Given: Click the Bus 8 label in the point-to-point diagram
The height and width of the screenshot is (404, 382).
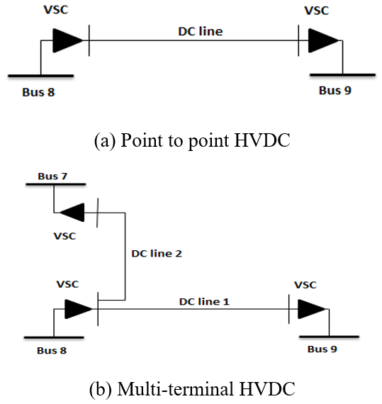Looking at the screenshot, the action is point(38,92).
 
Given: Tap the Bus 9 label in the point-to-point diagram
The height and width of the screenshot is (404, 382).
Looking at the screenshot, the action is point(335,91).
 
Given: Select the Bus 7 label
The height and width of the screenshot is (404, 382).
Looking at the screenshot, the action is point(52,176).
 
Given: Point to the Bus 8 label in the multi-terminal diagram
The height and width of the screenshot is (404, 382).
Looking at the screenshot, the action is point(52,350).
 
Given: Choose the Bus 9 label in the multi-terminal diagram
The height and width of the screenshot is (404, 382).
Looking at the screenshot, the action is point(322,349).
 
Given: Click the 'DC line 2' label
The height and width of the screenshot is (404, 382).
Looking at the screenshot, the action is point(157,254).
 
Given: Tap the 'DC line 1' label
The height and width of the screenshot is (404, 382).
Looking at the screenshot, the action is point(204,302).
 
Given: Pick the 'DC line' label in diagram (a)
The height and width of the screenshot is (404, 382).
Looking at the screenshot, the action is point(201,31).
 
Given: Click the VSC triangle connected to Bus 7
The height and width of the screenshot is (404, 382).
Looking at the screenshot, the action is point(72,213).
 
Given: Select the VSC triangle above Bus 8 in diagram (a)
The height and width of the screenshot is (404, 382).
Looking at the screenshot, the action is point(68,40).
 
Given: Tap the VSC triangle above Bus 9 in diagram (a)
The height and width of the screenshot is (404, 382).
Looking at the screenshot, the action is point(323,40).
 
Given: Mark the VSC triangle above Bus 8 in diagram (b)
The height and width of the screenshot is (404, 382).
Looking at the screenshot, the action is point(79,309).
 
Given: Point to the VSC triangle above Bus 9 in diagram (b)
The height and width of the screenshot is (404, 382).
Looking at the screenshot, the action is point(312,309).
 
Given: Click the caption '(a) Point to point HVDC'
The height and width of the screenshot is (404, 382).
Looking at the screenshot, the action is point(192,140).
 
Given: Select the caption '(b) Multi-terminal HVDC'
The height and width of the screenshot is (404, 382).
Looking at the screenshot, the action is point(192,389).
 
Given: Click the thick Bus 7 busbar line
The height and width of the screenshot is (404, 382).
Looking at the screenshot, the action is point(56,184).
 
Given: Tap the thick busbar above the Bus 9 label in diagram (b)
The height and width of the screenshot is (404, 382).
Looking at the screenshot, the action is point(329,337).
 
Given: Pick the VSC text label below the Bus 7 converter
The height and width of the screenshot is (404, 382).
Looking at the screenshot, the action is point(64,236).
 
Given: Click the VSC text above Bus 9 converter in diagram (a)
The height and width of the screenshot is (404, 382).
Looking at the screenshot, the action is point(317,11).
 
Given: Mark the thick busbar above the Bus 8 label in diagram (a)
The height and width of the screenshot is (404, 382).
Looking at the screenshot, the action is point(40,76).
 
